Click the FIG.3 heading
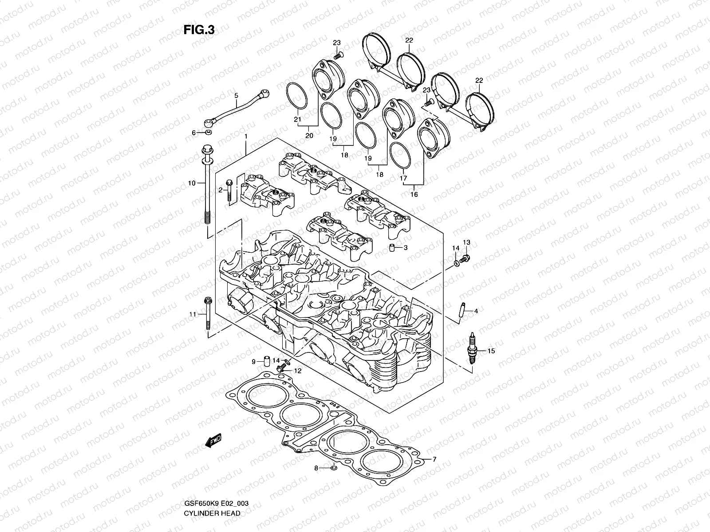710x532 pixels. point(199,30)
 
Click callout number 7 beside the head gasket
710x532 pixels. point(435,459)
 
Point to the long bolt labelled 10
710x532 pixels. point(207,186)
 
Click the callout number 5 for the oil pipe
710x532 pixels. point(236,95)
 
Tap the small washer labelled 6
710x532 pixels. point(209,132)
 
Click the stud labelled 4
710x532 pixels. point(461,310)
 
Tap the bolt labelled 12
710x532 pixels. point(280,368)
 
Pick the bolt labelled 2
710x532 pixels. point(229,191)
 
